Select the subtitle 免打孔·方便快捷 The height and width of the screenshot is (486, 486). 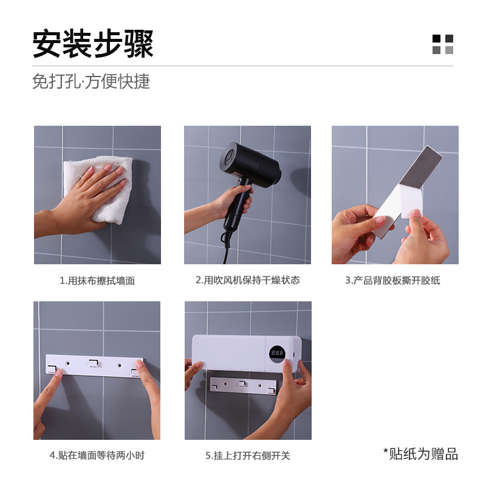91,81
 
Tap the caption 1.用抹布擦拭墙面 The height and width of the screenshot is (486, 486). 97,281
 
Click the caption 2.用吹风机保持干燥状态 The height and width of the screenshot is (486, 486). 247,280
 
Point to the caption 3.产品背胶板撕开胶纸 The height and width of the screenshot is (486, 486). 392,280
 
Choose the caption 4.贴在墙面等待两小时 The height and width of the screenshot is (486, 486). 97,455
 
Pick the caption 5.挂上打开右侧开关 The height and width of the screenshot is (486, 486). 248,455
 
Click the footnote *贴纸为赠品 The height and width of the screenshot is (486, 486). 420,453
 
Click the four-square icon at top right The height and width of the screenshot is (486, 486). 443,44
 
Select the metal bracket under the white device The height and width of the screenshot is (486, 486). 242,385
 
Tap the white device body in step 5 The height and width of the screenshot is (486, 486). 231,352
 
